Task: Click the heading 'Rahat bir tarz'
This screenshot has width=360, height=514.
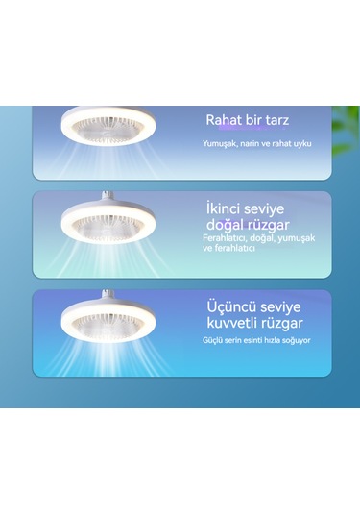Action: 248,121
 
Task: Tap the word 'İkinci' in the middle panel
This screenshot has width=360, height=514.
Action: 228,206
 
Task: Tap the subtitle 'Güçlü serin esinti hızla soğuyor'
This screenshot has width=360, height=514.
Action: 255,341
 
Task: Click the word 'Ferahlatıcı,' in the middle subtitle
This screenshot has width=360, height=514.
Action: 227,237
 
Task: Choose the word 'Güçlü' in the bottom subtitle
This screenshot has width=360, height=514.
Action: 212,341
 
